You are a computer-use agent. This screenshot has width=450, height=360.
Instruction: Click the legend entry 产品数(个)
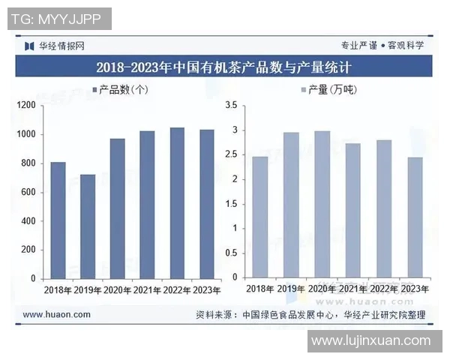pyautogui.click(x=120, y=90)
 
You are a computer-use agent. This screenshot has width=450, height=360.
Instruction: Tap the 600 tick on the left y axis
pyautogui.click(x=28, y=192)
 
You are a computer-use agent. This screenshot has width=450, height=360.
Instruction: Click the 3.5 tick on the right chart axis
pyautogui.click(x=231, y=106)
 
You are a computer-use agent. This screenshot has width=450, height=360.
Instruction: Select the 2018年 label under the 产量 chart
pyautogui.click(x=259, y=289)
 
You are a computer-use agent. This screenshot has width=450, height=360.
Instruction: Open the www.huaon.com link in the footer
pyautogui.click(x=56, y=315)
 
